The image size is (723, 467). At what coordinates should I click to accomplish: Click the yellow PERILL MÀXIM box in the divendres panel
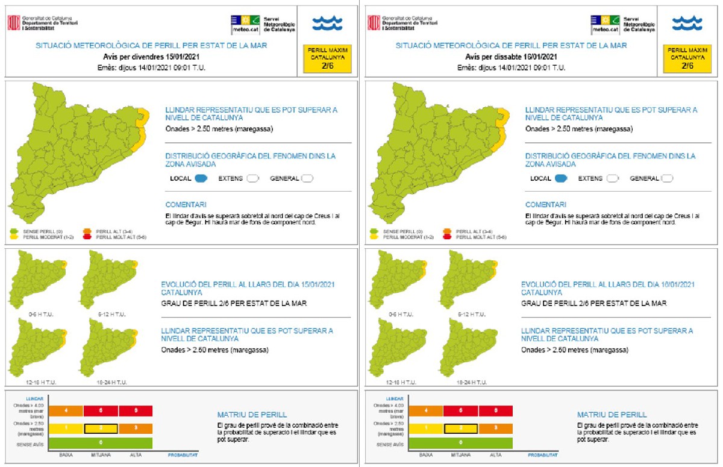tap(327, 58)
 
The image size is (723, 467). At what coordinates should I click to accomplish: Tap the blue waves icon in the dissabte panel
tap(687, 24)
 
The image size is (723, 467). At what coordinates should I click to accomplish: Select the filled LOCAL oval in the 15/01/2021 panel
tap(201, 178)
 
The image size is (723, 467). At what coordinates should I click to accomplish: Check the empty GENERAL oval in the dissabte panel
tap(666, 178)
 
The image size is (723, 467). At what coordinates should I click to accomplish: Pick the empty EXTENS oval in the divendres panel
tap(252, 178)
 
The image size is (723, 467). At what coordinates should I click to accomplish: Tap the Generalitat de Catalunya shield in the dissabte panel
tap(374, 23)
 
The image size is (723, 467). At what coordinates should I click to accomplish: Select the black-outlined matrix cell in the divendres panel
tap(101, 428)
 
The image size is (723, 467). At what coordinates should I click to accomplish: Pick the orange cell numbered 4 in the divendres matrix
tap(66, 411)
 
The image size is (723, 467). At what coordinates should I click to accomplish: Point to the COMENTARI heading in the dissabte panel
tap(545, 205)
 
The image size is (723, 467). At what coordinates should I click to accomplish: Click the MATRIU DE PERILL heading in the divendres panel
tap(252, 415)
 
